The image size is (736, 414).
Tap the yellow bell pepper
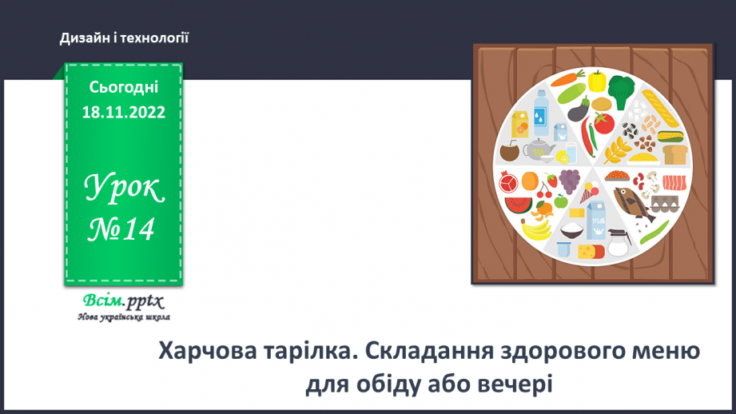tap(596, 80)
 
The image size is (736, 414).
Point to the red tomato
tap(603, 123)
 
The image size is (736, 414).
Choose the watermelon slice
tap(519, 205)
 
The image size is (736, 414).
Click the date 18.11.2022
tap(123, 113)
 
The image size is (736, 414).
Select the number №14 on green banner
tap(123, 229)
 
